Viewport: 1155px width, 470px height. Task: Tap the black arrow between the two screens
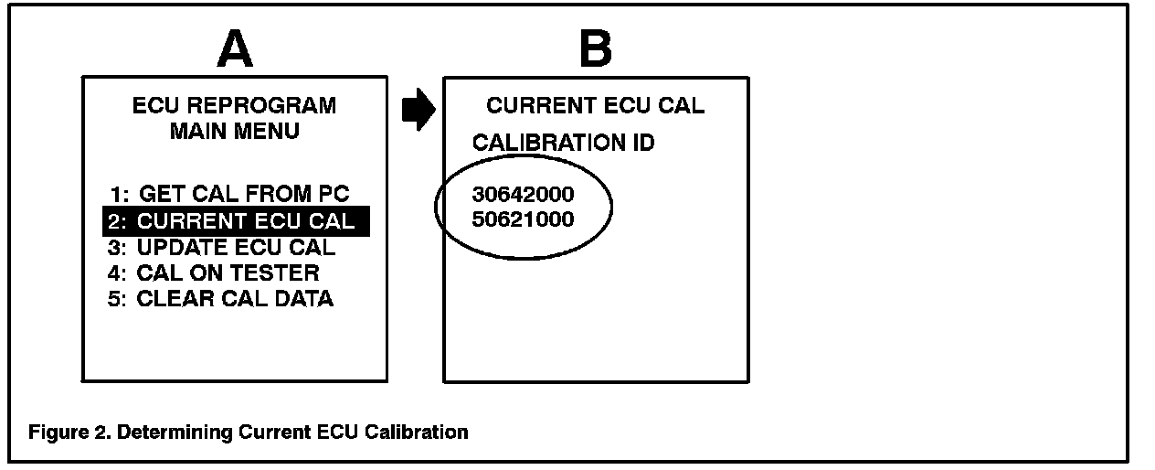pyautogui.click(x=419, y=111)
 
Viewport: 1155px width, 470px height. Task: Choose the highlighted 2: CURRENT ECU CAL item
pyautogui.click(x=236, y=220)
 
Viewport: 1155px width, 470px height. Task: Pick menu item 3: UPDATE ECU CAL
pyautogui.click(x=221, y=247)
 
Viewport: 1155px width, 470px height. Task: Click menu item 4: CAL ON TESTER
pyautogui.click(x=213, y=272)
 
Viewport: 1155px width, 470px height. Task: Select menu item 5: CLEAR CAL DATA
pyautogui.click(x=220, y=299)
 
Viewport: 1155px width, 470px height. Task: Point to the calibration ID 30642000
pyautogui.click(x=524, y=194)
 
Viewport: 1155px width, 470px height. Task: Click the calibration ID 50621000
pyautogui.click(x=524, y=220)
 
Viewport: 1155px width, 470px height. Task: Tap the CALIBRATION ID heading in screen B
pyautogui.click(x=563, y=144)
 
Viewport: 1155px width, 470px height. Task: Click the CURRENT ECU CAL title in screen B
pyautogui.click(x=596, y=105)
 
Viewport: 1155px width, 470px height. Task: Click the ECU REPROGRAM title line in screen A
pyautogui.click(x=234, y=105)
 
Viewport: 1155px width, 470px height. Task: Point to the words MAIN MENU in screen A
pyautogui.click(x=234, y=131)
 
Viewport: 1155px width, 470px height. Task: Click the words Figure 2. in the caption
pyautogui.click(x=64, y=432)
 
